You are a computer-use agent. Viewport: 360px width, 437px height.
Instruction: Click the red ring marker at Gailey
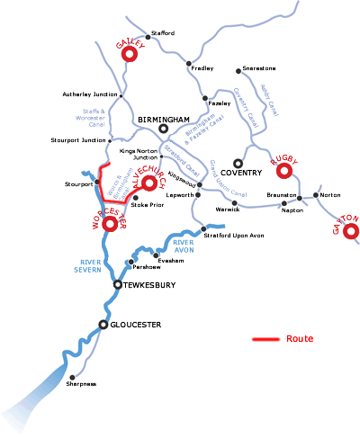point(128,54)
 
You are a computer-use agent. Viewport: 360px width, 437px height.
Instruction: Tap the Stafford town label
point(163,33)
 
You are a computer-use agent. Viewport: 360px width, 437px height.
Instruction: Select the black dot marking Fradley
point(188,64)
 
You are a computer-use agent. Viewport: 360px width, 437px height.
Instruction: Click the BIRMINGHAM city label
point(163,119)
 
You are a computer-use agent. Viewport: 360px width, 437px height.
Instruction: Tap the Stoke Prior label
point(147,205)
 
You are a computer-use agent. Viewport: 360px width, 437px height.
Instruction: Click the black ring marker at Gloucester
point(103,324)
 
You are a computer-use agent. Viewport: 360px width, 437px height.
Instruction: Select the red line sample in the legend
point(266,340)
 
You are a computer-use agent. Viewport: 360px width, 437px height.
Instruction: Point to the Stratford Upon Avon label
point(232,236)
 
